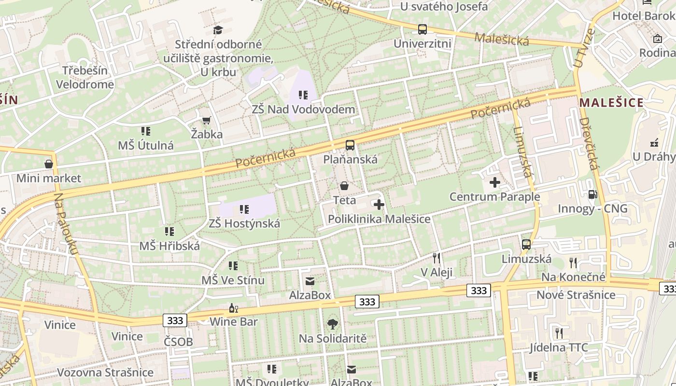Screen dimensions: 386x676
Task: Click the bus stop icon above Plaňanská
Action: coord(350,145)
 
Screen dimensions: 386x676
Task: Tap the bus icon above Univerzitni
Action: coord(422,29)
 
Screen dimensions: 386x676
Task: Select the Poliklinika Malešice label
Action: coord(379,219)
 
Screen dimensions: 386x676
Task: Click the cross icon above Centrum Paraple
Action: coord(495,182)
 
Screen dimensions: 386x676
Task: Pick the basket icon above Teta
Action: coord(344,186)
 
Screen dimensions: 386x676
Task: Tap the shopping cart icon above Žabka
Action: coord(206,120)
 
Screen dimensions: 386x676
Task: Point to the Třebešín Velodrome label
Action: coord(85,77)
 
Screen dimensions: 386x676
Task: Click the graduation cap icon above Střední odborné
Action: coord(218,30)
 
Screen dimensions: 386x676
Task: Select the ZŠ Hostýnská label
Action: coord(244,223)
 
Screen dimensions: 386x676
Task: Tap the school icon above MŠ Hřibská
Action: coord(169,232)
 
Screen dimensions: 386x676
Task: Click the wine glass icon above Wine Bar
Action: coord(233,308)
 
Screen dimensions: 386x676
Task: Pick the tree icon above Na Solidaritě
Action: coord(332,324)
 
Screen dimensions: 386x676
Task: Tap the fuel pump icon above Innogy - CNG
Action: coord(592,194)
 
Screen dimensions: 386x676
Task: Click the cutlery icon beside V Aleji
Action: coord(437,258)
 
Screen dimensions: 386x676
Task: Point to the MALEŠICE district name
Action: coord(612,102)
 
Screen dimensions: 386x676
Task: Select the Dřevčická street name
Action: coord(589,143)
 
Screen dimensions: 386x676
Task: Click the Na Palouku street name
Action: coord(66,224)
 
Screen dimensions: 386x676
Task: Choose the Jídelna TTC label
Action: coord(559,347)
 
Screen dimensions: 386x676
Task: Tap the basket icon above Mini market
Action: coord(49,164)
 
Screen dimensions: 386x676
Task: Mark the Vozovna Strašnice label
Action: coord(105,372)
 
